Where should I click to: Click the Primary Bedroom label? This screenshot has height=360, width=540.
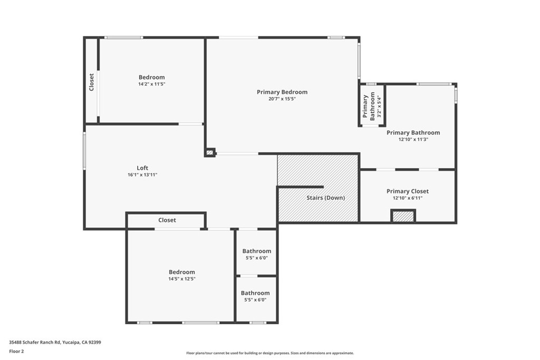(282, 92)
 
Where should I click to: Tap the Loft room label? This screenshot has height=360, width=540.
(142, 168)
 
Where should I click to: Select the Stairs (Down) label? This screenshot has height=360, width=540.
(325, 198)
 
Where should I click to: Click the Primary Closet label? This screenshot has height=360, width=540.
(407, 191)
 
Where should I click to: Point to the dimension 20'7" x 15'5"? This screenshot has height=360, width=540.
(282, 99)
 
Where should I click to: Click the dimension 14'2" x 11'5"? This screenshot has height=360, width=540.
(151, 84)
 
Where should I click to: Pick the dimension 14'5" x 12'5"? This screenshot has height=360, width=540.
(181, 279)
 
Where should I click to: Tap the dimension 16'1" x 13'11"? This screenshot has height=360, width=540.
(142, 174)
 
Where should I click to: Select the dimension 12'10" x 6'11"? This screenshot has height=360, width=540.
(407, 198)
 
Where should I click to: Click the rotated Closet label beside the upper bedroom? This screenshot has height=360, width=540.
(91, 82)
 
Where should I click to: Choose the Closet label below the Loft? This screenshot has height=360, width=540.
(167, 220)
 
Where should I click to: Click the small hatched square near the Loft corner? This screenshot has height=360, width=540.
(210, 153)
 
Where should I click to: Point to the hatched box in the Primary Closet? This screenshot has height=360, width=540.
(403, 216)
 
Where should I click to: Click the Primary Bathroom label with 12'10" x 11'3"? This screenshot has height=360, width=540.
(413, 133)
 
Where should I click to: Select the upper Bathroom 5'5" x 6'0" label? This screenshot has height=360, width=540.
(256, 251)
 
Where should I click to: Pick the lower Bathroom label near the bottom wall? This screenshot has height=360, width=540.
(255, 293)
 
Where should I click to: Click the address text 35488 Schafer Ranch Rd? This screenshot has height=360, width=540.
(55, 342)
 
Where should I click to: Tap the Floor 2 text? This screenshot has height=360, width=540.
(16, 351)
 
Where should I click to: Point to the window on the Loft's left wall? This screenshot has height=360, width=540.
(84, 151)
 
